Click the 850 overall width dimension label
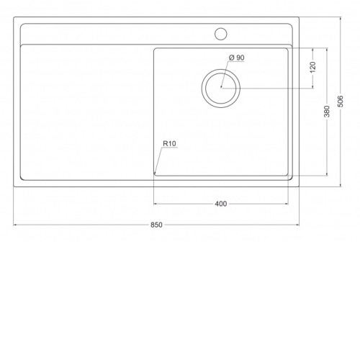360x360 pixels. (x=156, y=225)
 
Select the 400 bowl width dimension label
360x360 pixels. (x=221, y=204)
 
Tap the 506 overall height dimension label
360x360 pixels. (x=341, y=102)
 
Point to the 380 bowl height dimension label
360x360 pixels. (x=327, y=112)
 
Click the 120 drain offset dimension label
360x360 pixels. (x=313, y=68)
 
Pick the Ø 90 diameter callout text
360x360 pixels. (x=237, y=58)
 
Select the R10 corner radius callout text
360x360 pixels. (x=169, y=143)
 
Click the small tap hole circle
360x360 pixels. (x=221, y=34)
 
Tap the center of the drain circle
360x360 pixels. (x=221, y=88)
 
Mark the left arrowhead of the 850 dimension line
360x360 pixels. (x=15, y=225)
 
